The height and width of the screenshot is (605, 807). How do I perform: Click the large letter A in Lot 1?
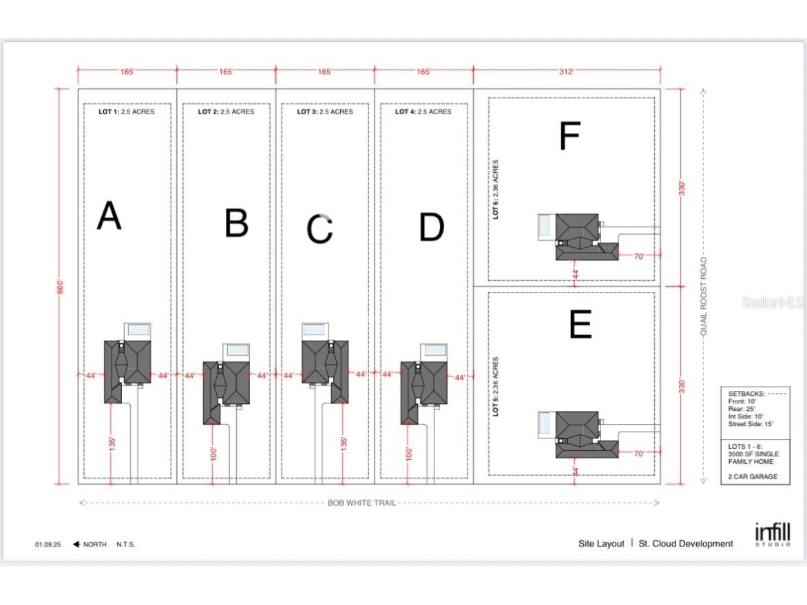tap(109, 215)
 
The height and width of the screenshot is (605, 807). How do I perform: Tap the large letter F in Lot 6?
tap(570, 136)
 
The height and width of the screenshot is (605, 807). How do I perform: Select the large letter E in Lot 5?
tap(580, 323)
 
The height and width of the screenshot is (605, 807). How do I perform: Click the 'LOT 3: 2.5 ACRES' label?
tap(325, 112)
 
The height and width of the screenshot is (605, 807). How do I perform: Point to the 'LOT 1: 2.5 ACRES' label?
tap(127, 112)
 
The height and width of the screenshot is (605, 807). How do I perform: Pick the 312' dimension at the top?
tap(566, 72)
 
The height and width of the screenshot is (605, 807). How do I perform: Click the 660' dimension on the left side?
tap(61, 286)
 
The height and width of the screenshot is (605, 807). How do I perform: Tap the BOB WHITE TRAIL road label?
tap(361, 502)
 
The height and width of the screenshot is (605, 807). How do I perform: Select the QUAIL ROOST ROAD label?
tap(704, 297)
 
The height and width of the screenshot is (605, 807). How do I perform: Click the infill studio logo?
tap(773, 534)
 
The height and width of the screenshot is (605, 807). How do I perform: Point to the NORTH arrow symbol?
tap(76, 544)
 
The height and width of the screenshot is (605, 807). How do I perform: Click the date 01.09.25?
tap(48, 544)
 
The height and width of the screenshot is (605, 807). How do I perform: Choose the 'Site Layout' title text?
tap(601, 544)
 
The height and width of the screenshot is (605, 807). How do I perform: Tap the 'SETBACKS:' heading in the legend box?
tap(746, 394)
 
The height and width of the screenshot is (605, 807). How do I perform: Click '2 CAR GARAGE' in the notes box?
tap(753, 477)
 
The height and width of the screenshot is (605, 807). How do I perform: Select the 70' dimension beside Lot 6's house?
tap(639, 256)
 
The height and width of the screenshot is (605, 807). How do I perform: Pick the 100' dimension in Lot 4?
tap(408, 454)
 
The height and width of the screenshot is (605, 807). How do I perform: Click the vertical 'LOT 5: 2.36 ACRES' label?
tap(495, 386)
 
